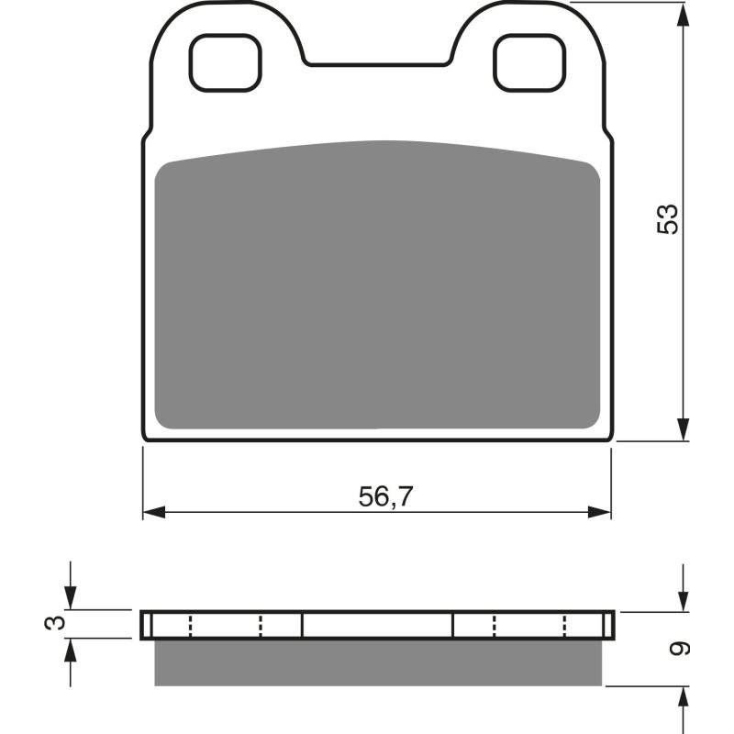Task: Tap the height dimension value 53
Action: (668, 218)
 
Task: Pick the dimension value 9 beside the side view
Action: (680, 649)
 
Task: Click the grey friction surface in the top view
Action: (376, 284)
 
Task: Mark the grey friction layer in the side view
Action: (376, 662)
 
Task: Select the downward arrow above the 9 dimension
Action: (683, 600)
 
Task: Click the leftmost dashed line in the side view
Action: (190, 626)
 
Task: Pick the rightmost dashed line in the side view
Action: (563, 626)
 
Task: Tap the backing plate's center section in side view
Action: (377, 625)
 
